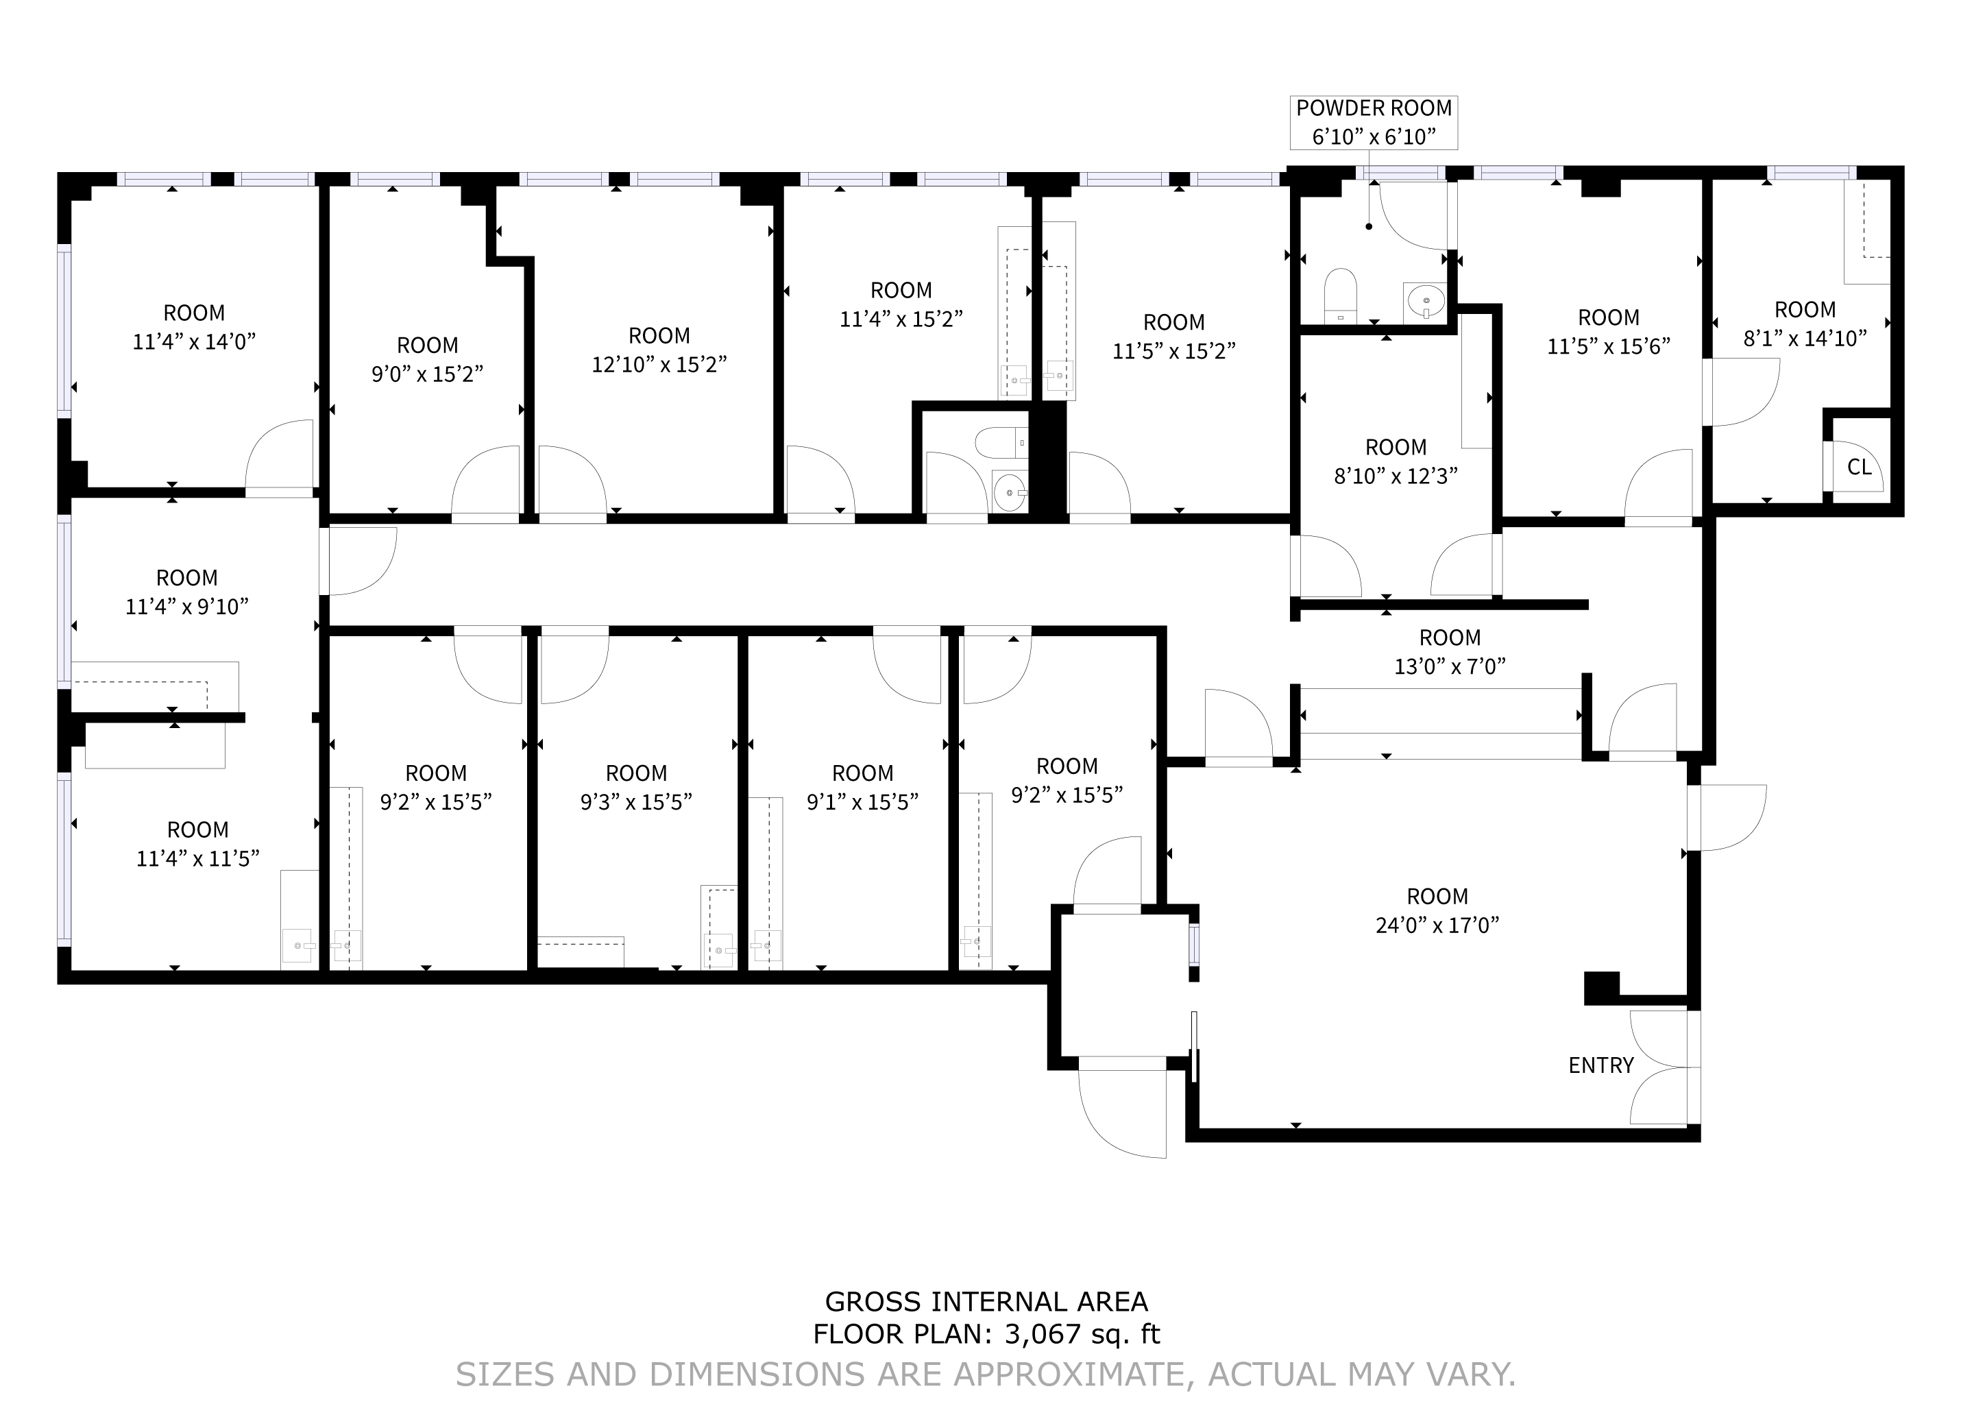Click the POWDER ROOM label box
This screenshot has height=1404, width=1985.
pos(1374,123)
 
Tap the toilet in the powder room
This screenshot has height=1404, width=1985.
pos(1341,295)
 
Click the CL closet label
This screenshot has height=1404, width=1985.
pos(1860,467)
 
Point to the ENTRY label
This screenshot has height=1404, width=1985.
pos(1601,1065)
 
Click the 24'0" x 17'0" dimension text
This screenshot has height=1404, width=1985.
pos(1437,925)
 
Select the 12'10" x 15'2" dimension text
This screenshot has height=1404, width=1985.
pos(659,364)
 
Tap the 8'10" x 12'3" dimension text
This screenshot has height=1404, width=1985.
pos(1396,476)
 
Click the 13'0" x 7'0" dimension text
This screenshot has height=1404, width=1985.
pos(1450,666)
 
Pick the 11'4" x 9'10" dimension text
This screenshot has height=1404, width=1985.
pos(186,606)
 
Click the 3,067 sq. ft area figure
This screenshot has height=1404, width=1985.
pos(1082,1334)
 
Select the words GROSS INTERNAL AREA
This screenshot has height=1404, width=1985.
pos(986,1301)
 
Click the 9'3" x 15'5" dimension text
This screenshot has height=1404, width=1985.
pos(636,801)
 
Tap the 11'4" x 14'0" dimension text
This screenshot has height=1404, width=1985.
pos(194,341)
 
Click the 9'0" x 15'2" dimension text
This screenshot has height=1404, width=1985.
pos(427,374)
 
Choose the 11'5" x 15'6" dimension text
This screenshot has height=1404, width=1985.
pos(1608,346)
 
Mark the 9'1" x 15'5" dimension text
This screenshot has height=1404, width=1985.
pos(862,801)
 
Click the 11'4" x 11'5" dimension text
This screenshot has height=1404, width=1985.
pos(198,858)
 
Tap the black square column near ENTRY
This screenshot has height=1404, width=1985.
pos(1601,988)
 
